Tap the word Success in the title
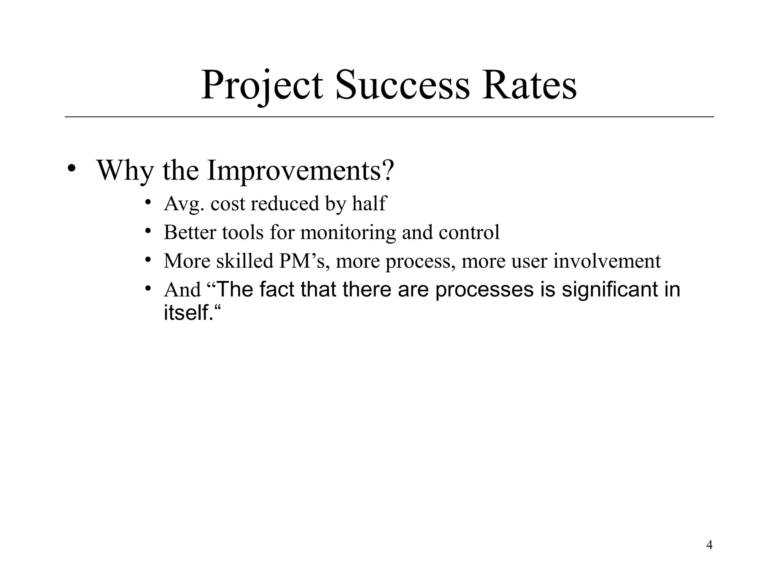(x=402, y=86)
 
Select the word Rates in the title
(x=529, y=86)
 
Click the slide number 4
(x=709, y=545)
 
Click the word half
(x=369, y=203)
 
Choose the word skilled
(x=245, y=261)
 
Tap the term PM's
(x=304, y=261)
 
